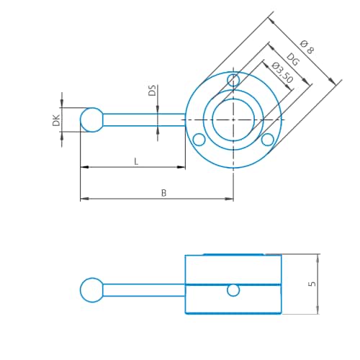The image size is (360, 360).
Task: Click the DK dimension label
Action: click(x=56, y=120)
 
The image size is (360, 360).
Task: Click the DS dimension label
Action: click(x=152, y=90)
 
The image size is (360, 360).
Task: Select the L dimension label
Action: click(x=136, y=161)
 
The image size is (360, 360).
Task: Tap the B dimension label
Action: click(x=163, y=193)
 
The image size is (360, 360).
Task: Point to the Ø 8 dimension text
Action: click(x=307, y=47)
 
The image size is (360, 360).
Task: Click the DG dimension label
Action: click(x=293, y=60)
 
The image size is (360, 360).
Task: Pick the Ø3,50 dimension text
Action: click(x=282, y=72)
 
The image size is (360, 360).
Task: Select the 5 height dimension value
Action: click(x=312, y=284)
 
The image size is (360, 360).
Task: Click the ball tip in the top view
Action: click(x=92, y=120)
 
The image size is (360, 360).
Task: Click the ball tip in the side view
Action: click(x=92, y=290)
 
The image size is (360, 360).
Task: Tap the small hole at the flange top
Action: click(x=233, y=80)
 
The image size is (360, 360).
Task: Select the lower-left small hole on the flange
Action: click(x=199, y=140)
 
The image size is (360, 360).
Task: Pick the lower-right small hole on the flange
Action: click(x=267, y=140)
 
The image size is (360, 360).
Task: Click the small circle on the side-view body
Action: click(x=233, y=290)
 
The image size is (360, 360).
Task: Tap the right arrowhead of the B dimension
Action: click(x=229, y=199)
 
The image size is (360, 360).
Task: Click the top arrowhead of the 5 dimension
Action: click(x=318, y=258)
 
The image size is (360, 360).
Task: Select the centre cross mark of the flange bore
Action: click(x=233, y=120)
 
